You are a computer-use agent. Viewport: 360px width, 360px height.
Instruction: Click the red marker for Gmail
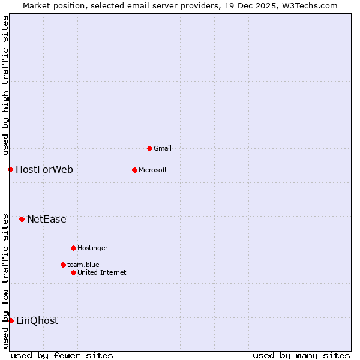pos(149,148)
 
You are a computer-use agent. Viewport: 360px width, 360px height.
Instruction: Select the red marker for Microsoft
pos(134,170)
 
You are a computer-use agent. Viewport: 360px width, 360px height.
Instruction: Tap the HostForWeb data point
pos(10,169)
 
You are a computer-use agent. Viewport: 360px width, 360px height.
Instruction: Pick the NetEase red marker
pos(22,219)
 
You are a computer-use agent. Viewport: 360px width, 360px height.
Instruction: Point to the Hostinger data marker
pos(73,248)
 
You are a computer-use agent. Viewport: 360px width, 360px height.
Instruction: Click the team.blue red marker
pos(63,265)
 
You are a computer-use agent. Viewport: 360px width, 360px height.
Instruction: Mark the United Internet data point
pos(73,272)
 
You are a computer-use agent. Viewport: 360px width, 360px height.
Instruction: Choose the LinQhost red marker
pos(11,320)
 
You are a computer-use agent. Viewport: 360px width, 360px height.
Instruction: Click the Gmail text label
pos(163,148)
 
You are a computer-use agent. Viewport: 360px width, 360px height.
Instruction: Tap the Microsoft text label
pos(153,170)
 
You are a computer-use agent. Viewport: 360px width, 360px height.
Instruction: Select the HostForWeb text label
pos(44,169)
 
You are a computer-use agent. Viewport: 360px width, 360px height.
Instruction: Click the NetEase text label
pos(47,219)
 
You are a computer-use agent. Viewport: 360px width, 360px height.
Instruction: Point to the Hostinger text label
pos(92,248)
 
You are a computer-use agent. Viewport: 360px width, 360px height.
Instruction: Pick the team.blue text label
pos(83,265)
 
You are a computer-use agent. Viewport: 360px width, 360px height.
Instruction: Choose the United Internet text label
pos(102,272)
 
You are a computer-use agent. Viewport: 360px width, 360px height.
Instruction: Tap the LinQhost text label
pos(37,320)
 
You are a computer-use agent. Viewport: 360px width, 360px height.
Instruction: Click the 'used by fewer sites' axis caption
pos(62,355)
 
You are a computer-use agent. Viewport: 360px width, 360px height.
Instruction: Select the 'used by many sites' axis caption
pos(301,355)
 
